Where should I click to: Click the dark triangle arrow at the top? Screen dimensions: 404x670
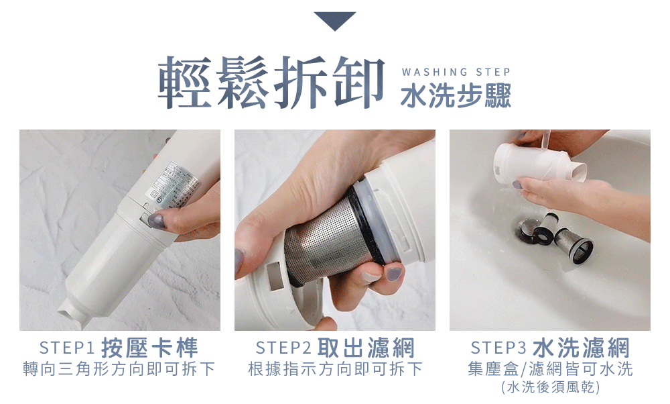[x=335, y=21]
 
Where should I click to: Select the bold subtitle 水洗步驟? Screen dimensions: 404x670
[x=456, y=96]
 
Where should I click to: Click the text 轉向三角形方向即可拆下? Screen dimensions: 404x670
[x=119, y=369]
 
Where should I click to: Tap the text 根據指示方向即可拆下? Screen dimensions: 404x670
[x=335, y=369]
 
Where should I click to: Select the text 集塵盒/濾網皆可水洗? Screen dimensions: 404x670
[x=550, y=369]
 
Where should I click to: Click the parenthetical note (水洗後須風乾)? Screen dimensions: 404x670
[x=550, y=387]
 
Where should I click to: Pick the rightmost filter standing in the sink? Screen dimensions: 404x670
[x=575, y=245]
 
